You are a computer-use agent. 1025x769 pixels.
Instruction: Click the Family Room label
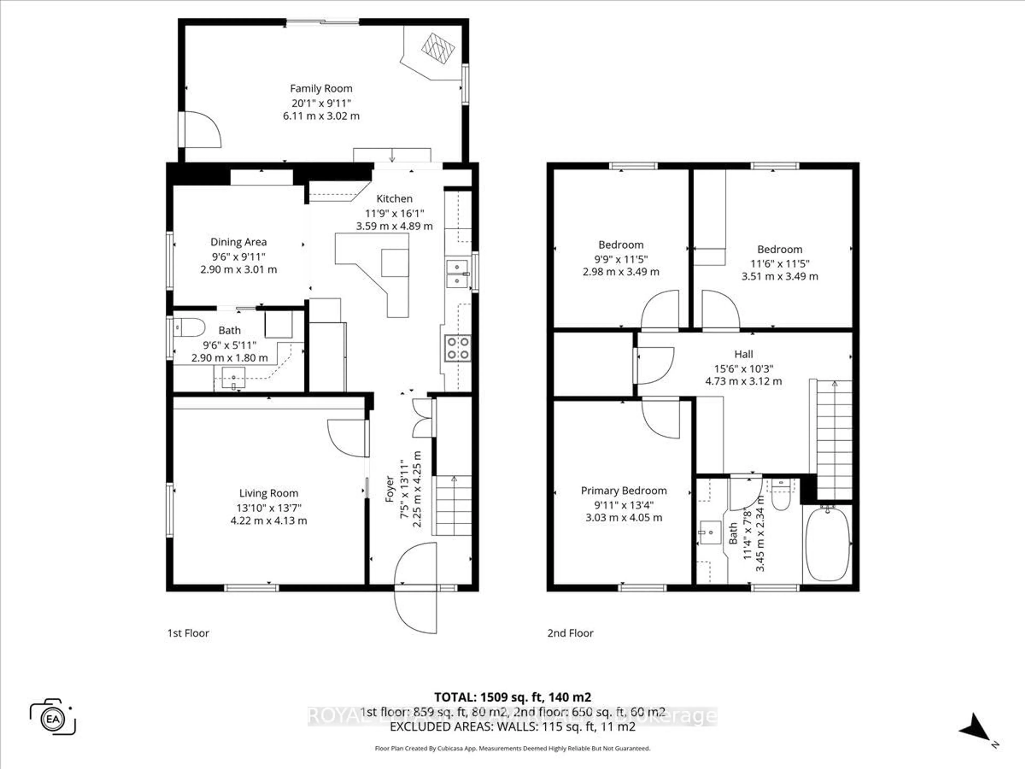[x=321, y=89]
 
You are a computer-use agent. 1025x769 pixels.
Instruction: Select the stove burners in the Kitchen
[x=458, y=348]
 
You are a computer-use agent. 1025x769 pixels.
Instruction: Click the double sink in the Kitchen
[x=457, y=274]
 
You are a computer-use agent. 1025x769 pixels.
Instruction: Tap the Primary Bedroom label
[x=624, y=491]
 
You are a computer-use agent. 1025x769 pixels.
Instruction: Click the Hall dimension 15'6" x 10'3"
[x=743, y=369]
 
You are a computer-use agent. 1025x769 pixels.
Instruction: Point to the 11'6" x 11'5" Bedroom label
[x=780, y=249]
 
